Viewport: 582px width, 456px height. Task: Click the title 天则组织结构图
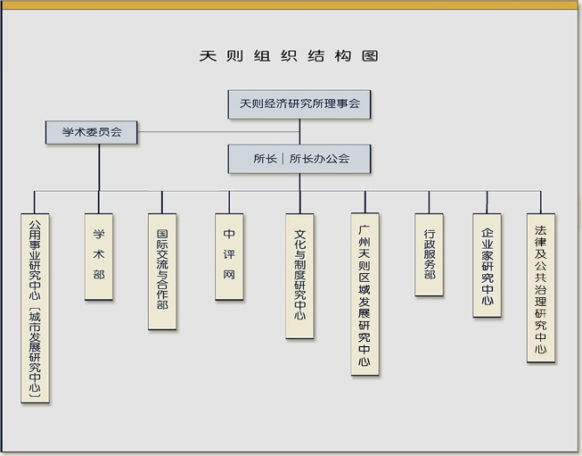(x=289, y=56)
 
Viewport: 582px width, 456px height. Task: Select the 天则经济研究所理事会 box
(x=299, y=104)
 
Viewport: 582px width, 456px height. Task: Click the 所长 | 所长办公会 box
(x=299, y=159)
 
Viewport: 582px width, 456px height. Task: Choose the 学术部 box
(x=98, y=255)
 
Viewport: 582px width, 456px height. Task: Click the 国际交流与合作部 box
(x=162, y=271)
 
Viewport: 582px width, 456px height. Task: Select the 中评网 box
(x=229, y=255)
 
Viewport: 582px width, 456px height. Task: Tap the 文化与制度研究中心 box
(x=299, y=275)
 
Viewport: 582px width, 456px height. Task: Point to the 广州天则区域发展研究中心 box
(x=365, y=293)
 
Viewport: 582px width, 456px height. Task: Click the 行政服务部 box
(x=430, y=255)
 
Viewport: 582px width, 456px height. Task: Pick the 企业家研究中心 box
(x=487, y=265)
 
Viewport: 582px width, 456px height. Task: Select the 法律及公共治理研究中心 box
(x=540, y=287)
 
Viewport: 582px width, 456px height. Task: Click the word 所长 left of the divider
(x=265, y=159)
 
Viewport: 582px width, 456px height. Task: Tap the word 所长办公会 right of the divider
(x=320, y=159)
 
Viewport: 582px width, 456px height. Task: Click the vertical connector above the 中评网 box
(x=229, y=202)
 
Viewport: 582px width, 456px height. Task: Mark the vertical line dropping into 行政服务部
(x=430, y=202)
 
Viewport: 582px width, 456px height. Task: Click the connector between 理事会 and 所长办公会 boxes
(x=299, y=131)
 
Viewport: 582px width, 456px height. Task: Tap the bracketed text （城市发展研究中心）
(x=35, y=352)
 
